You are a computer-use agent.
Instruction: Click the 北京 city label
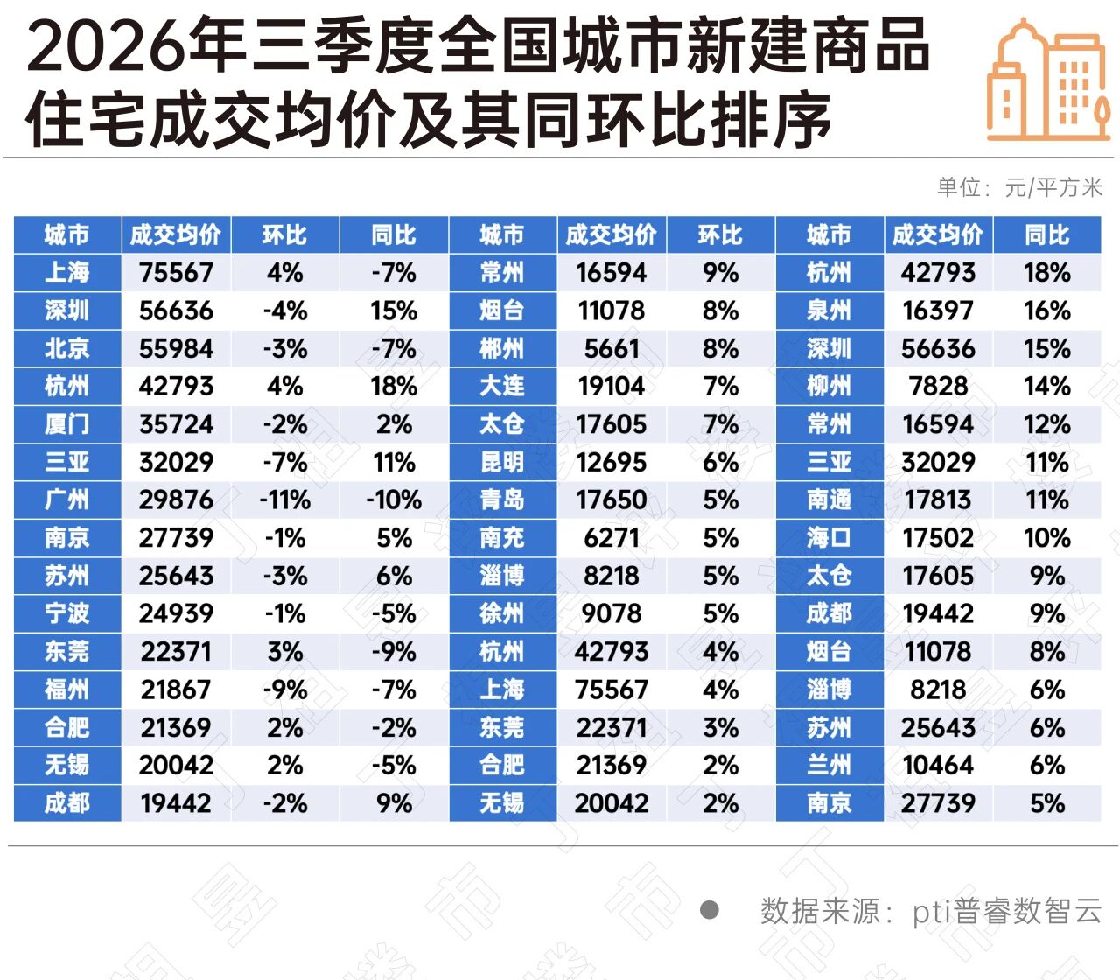point(66,349)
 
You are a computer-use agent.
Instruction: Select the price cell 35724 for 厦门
point(176,424)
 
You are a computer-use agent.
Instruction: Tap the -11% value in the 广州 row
point(284,500)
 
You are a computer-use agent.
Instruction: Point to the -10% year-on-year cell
point(394,500)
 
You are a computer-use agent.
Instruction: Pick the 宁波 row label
point(66,613)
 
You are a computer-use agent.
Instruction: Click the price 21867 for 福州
point(176,689)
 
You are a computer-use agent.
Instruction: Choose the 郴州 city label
point(502,349)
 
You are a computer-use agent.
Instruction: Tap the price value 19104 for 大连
point(612,387)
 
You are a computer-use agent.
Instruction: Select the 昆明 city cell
point(502,462)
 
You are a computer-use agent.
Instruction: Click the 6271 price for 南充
point(612,537)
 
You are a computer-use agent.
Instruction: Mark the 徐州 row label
point(502,613)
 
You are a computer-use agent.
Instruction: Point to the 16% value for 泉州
point(1047,311)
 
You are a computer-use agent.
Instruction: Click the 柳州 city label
point(829,387)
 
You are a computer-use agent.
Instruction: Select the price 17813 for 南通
point(938,500)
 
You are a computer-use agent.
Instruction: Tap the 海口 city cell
point(829,537)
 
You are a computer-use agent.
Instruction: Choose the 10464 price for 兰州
point(938,765)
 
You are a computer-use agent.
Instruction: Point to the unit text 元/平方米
point(1053,188)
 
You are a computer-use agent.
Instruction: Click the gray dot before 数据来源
point(710,910)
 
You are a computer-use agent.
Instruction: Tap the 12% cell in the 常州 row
point(1047,424)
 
